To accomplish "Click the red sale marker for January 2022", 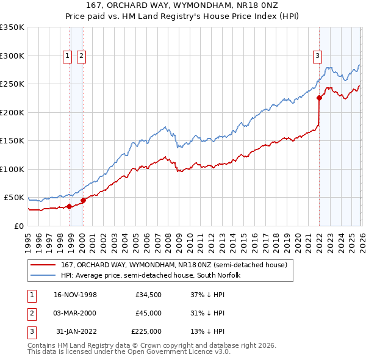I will pos(319,98).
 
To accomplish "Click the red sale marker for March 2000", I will pos(83,200).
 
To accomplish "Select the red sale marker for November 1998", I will pos(69,206).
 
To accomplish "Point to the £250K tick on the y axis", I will pos(12,84).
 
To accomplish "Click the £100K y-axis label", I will pos(12,169).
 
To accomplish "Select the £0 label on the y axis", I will pos(18,226).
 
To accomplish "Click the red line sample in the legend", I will pos(43,265).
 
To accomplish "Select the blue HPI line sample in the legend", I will pos(43,275).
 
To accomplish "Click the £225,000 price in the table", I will pos(146,331).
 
